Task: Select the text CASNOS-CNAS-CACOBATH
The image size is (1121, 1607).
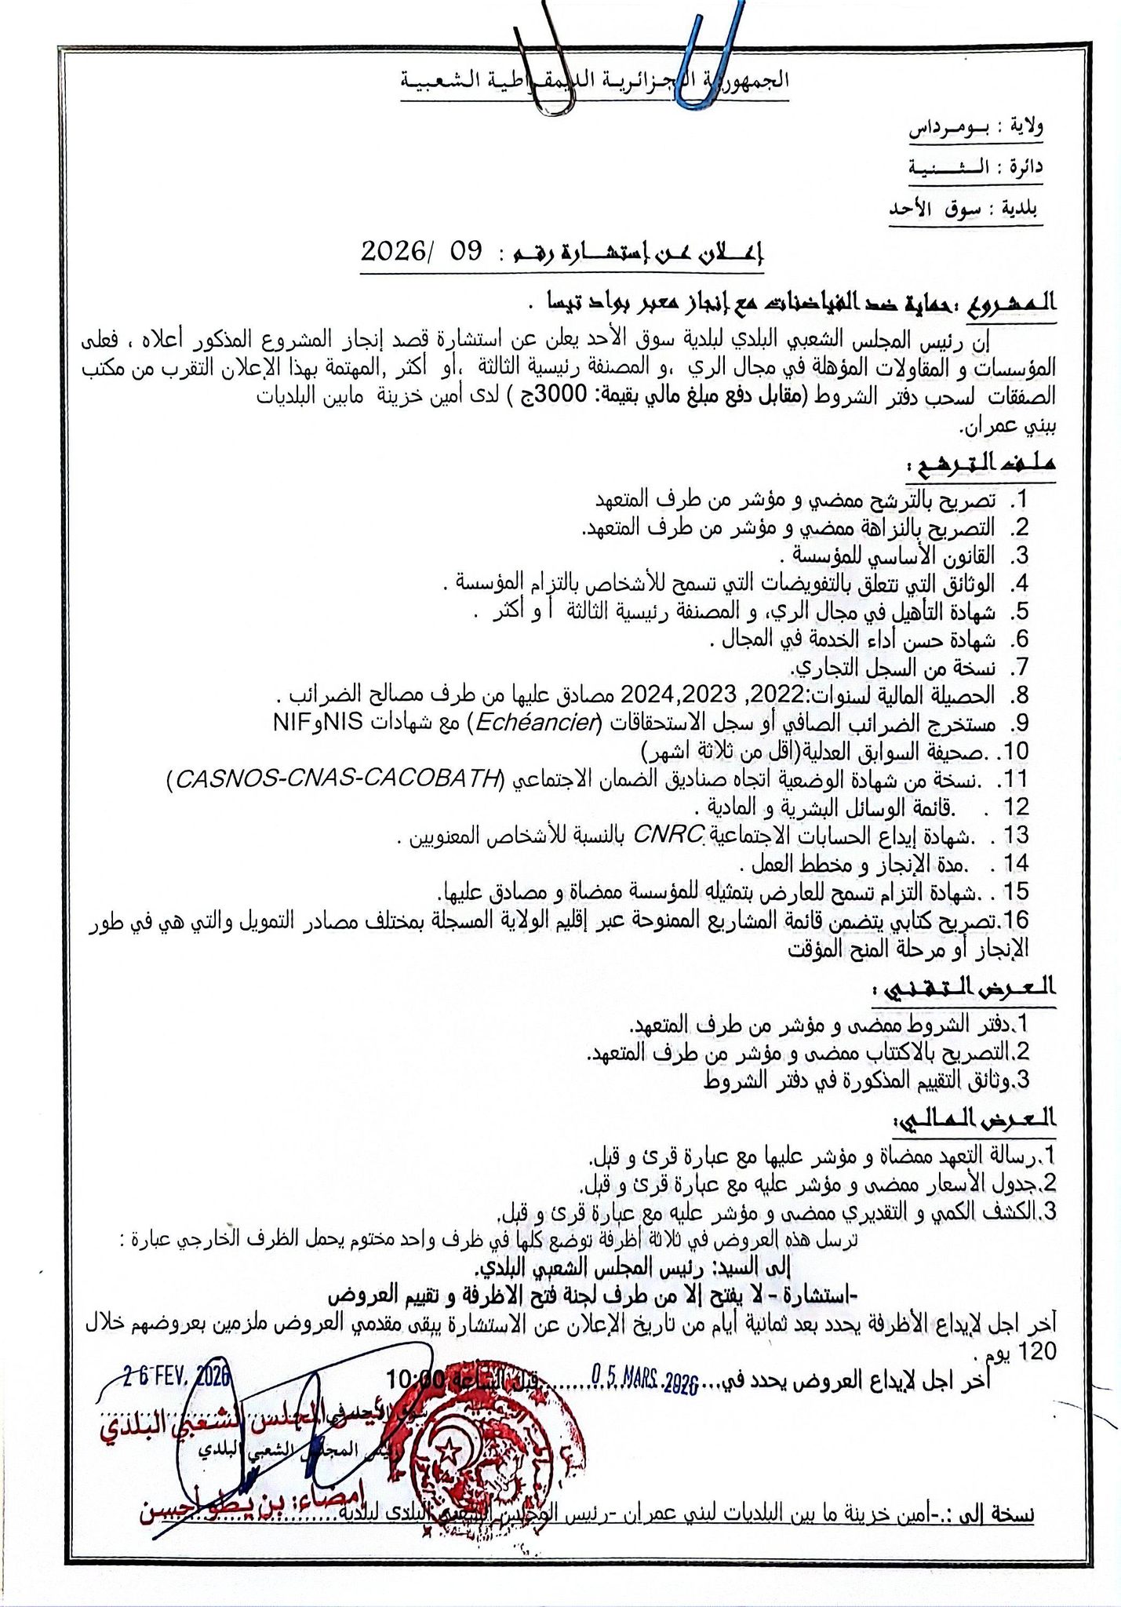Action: (338, 778)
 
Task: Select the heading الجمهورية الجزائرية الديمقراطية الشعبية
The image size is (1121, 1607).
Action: (595, 81)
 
